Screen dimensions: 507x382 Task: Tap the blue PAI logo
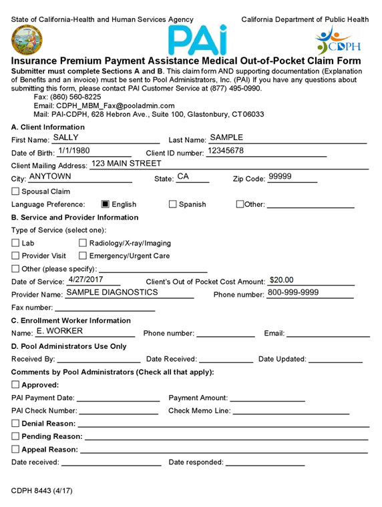point(196,39)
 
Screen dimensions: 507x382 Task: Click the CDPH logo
point(337,40)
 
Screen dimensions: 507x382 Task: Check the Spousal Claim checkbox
point(16,191)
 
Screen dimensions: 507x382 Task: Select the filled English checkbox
point(106,204)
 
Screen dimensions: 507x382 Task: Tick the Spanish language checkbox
point(173,204)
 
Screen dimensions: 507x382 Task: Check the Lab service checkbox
point(16,243)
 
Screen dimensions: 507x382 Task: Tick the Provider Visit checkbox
point(16,256)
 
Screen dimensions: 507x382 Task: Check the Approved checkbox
point(16,385)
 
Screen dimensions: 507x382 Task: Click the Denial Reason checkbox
point(16,424)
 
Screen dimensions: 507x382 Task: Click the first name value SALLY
point(65,137)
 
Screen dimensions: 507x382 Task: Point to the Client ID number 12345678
point(225,151)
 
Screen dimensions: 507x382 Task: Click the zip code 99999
point(280,177)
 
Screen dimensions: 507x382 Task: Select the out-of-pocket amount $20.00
point(281,280)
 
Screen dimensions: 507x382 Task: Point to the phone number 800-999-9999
point(293,292)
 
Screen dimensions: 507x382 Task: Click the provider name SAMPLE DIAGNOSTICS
point(112,292)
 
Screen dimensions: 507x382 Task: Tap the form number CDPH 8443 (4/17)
point(41,490)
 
